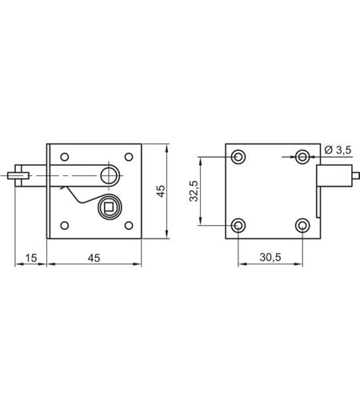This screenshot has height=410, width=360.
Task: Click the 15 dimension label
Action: click(31, 258)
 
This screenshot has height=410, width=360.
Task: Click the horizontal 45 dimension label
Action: click(94, 258)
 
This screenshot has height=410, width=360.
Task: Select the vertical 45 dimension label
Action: click(161, 191)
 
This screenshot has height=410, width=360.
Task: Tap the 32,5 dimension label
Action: click(194, 191)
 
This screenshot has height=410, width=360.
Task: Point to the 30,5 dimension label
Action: click(270, 257)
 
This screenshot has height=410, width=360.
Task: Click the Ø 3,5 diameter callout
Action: click(338, 150)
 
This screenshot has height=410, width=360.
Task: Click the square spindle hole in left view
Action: click(109, 207)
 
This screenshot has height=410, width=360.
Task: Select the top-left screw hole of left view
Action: click(65, 157)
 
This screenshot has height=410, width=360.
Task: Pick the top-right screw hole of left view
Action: click(129, 157)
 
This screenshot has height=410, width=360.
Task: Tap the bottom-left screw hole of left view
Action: click(65, 226)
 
